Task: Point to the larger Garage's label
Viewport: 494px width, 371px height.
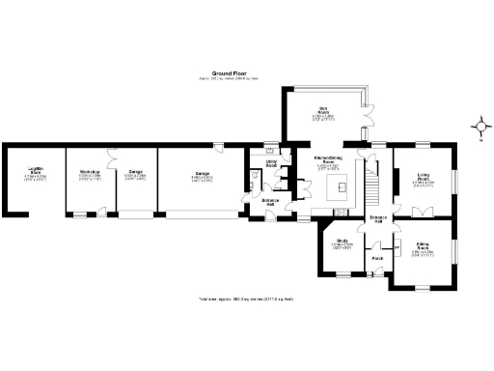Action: click(x=201, y=176)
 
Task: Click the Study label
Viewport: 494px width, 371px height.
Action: click(x=342, y=243)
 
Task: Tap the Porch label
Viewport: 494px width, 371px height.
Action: click(x=377, y=258)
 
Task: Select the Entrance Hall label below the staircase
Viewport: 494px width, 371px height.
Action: click(x=379, y=219)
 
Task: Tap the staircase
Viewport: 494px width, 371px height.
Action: click(x=369, y=184)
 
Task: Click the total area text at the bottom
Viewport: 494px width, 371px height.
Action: click(x=246, y=300)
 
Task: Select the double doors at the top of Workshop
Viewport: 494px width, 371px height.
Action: click(x=113, y=150)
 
